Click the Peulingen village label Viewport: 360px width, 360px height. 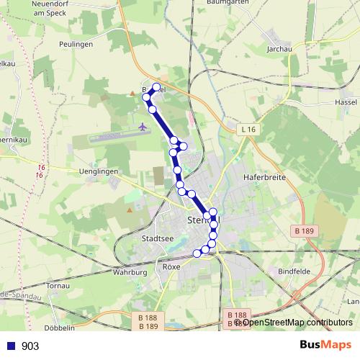78,44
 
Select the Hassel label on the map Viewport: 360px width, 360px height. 346,103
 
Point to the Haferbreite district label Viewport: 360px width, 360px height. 265,175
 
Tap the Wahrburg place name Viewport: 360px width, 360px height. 130,273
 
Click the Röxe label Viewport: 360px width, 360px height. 171,266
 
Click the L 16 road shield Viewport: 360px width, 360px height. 248,128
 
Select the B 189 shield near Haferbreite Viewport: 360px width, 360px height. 304,230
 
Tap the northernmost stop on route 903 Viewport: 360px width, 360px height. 156,87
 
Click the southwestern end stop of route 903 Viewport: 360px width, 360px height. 197,253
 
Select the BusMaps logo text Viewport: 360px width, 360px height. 325,346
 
